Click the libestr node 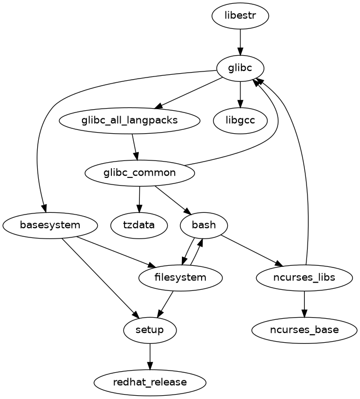(x=240, y=16)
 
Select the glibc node (x=240, y=68)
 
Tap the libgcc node (x=240, y=121)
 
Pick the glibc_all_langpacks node (x=130, y=121)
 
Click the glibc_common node (x=140, y=173)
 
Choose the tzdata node (x=139, y=225)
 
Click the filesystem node (x=181, y=278)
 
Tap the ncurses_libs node (x=304, y=278)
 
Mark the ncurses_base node (x=304, y=330)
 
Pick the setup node (x=150, y=330)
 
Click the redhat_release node (x=150, y=383)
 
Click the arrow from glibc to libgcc (x=240, y=94)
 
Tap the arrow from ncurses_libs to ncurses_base (x=304, y=304)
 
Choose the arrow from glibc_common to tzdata (x=139, y=199)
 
